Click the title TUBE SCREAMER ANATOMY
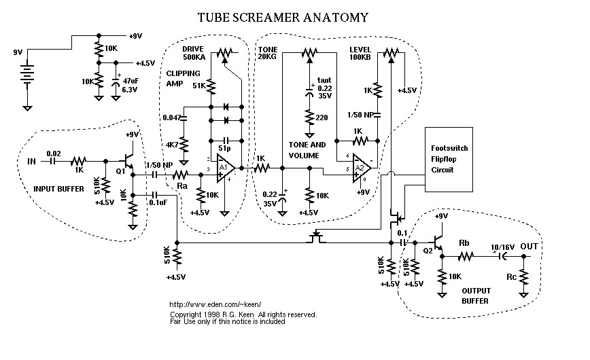click(284, 17)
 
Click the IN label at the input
click(32, 161)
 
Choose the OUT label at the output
click(530, 247)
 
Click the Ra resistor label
click(181, 185)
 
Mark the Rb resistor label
click(464, 243)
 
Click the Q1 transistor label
click(120, 172)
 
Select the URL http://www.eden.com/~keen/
click(214, 305)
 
